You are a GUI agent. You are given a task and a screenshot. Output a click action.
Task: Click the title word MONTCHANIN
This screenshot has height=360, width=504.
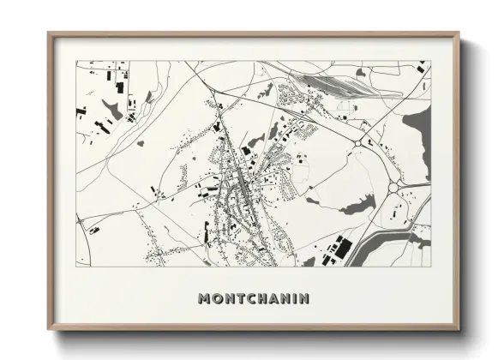(x=253, y=299)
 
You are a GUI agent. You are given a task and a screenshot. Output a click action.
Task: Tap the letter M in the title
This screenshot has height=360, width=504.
(x=204, y=299)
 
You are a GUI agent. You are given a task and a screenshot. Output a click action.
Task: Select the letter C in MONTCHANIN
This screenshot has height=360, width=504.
(x=247, y=299)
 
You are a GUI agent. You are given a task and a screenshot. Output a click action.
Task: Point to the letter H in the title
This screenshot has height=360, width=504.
(x=258, y=299)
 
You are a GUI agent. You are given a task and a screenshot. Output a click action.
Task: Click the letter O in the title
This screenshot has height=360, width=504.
(x=215, y=299)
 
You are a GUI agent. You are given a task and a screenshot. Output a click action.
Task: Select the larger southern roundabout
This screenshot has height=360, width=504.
(x=396, y=187)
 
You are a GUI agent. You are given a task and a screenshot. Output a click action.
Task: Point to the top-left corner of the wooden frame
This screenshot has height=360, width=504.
(x=49, y=33)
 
